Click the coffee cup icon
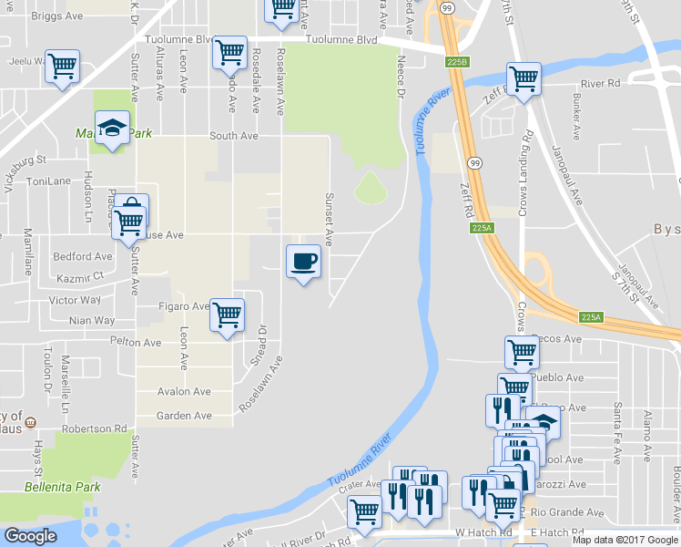(x=303, y=262)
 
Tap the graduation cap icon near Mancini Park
(x=112, y=128)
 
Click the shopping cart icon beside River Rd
(x=523, y=79)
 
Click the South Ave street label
(x=234, y=136)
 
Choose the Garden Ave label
(x=184, y=416)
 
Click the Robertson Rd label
(x=95, y=428)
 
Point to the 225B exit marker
(x=457, y=61)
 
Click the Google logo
(x=31, y=536)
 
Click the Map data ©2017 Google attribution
(x=625, y=540)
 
